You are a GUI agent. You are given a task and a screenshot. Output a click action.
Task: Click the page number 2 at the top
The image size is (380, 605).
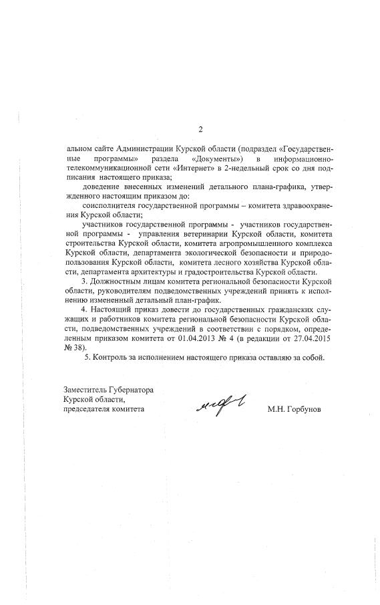point(199,129)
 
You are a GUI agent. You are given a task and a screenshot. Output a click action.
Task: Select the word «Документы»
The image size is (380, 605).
point(216,158)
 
